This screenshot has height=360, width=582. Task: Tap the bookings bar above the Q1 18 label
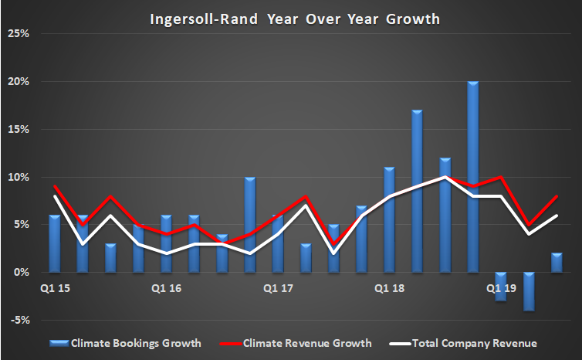click(x=389, y=219)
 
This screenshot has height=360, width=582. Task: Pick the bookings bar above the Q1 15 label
click(x=54, y=243)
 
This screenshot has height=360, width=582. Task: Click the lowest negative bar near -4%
click(x=529, y=290)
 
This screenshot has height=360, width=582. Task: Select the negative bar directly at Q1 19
click(x=501, y=286)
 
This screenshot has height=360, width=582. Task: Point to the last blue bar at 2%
click(x=557, y=263)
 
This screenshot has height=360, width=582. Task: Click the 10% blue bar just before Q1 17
click(x=249, y=224)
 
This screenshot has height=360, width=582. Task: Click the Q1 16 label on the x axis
click(x=166, y=288)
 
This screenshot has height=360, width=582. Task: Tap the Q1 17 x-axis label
click(x=277, y=288)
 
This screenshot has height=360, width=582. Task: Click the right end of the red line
click(x=557, y=196)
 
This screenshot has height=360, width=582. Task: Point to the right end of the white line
click(x=557, y=216)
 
